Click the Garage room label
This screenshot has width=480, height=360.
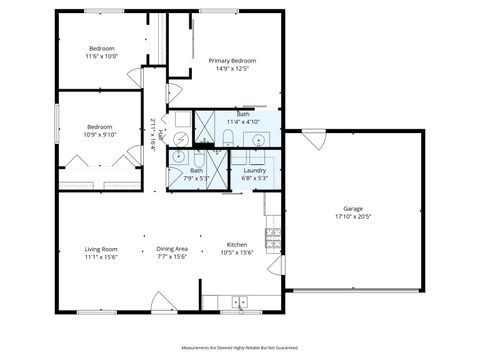[x=353, y=209]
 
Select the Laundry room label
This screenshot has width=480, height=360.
[x=254, y=170]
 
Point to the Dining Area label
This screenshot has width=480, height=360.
[x=172, y=248]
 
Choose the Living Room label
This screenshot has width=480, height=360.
[x=101, y=248]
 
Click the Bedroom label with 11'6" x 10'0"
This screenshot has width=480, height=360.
[x=102, y=49]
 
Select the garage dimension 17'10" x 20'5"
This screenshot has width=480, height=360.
[x=353, y=217]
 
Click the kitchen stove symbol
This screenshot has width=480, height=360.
[x=272, y=237]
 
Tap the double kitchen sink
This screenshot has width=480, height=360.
[x=240, y=300]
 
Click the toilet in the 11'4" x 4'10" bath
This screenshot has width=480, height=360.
[x=228, y=137]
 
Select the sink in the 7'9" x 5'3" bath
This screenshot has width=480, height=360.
[x=179, y=156]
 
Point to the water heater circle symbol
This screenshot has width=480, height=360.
[x=181, y=137]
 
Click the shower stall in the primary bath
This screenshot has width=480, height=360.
[x=204, y=128]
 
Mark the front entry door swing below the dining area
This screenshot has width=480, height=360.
[x=164, y=301]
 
